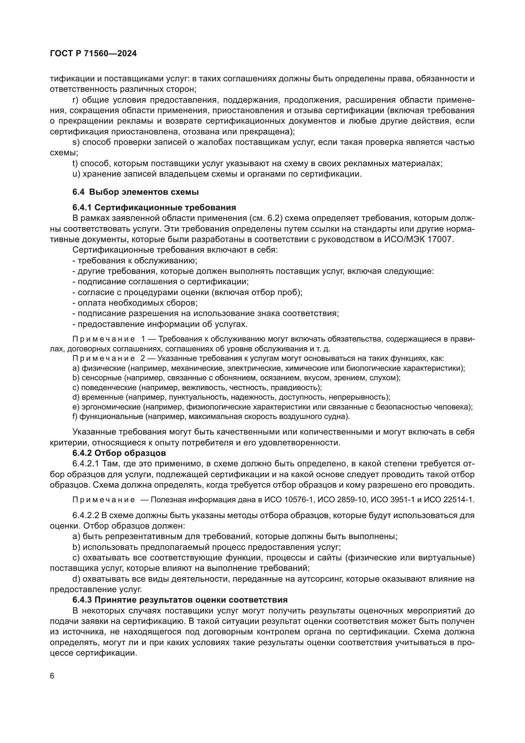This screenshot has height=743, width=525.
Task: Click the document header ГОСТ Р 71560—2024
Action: pyautogui.click(x=93, y=54)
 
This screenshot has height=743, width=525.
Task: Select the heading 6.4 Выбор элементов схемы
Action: pyautogui.click(x=136, y=192)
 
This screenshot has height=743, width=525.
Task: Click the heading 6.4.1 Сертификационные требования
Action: pyautogui.click(x=154, y=207)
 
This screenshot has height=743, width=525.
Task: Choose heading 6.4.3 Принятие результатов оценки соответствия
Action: pyautogui.click(x=180, y=600)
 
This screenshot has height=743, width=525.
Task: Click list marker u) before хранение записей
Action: pyautogui.click(x=76, y=174)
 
